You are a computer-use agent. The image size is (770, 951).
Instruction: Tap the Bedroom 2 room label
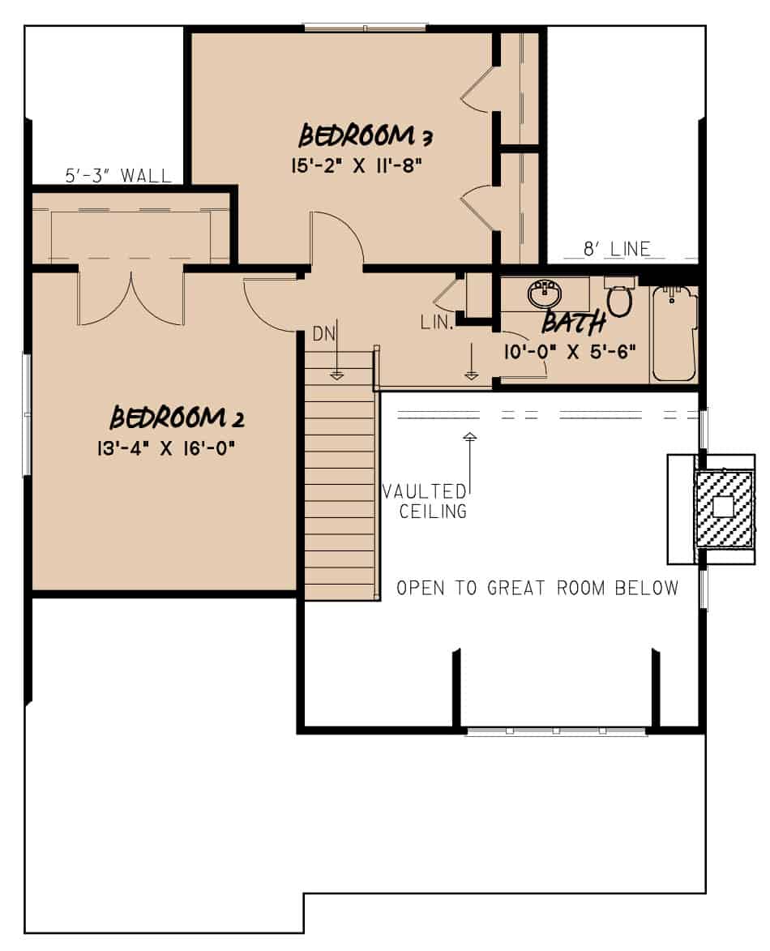[x=177, y=418]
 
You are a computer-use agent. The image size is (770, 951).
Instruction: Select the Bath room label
[x=574, y=323]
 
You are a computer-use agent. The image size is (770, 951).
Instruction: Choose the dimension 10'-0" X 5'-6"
[x=565, y=351]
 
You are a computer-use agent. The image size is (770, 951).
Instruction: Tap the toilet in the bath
[x=620, y=298]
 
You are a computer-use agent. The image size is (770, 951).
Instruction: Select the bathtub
[x=675, y=334]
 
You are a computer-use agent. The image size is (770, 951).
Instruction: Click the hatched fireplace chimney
[x=722, y=508]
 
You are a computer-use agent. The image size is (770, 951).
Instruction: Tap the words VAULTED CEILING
[x=425, y=501]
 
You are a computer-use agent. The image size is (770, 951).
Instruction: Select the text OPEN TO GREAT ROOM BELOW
[x=537, y=588]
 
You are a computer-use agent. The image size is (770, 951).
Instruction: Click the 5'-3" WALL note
[x=118, y=175]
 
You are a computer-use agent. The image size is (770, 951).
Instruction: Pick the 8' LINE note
[x=620, y=250]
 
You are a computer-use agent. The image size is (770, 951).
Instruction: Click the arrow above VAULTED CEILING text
[x=469, y=454]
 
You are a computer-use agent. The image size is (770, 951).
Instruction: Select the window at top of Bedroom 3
[x=366, y=28]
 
